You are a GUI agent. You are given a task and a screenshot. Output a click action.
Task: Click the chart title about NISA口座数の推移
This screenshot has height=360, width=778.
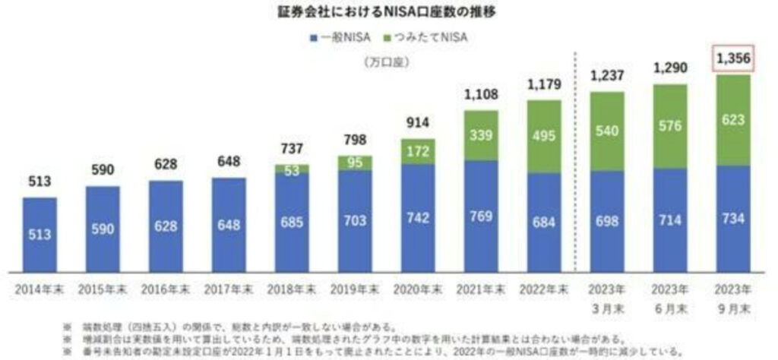tap(387, 13)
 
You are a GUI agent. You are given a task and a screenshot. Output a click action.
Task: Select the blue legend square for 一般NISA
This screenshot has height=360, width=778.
tap(313, 36)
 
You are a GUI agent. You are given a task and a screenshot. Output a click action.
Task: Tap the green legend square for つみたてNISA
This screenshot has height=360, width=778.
tap(388, 36)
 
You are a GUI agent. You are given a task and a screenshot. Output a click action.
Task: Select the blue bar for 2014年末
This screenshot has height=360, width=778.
tap(40, 234)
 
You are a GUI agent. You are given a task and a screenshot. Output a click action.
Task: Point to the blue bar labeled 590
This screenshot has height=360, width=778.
tap(103, 228)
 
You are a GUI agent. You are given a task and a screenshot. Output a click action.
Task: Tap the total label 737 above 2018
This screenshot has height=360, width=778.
tap(293, 150)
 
